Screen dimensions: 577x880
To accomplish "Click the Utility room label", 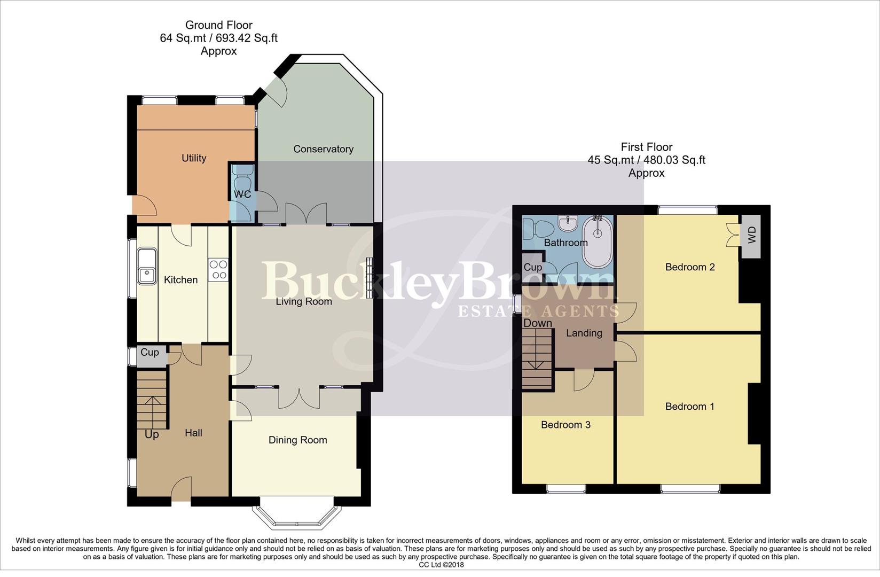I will tap(193, 158).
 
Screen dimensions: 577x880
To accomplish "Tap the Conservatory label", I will tap(323, 149).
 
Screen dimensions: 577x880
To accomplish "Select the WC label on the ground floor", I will tap(242, 194).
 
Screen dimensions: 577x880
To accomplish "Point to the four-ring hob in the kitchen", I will tap(218, 269).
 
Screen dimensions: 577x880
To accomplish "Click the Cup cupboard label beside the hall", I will tap(150, 353).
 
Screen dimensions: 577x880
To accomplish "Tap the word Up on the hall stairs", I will tap(152, 434).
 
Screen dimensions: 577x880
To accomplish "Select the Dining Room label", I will tap(297, 440).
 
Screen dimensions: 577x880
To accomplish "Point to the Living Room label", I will tap(303, 302).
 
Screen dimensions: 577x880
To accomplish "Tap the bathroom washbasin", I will tap(566, 222).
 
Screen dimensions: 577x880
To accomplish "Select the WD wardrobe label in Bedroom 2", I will tap(752, 235).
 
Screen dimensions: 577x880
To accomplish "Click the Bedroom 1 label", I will tap(689, 407).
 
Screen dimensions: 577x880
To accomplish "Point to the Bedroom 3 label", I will tap(565, 425).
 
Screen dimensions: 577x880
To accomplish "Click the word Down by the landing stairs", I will tap(537, 323).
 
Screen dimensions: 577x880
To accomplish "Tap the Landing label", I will tap(584, 333).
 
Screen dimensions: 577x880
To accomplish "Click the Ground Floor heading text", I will tap(218, 25).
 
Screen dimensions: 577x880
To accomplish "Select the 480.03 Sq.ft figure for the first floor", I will tap(674, 160).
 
